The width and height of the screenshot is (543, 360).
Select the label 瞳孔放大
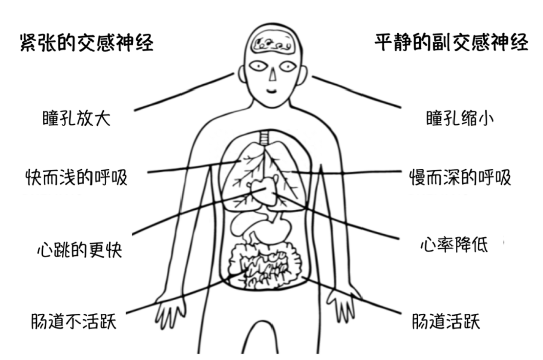(76, 119)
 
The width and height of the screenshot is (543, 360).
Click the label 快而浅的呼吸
(76, 177)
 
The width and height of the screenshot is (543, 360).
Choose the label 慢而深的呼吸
(460, 177)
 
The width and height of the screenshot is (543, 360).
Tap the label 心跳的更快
(79, 249)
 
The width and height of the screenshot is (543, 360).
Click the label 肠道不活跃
(73, 320)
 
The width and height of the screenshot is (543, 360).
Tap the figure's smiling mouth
(271, 91)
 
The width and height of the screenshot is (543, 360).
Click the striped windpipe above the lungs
(265, 137)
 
